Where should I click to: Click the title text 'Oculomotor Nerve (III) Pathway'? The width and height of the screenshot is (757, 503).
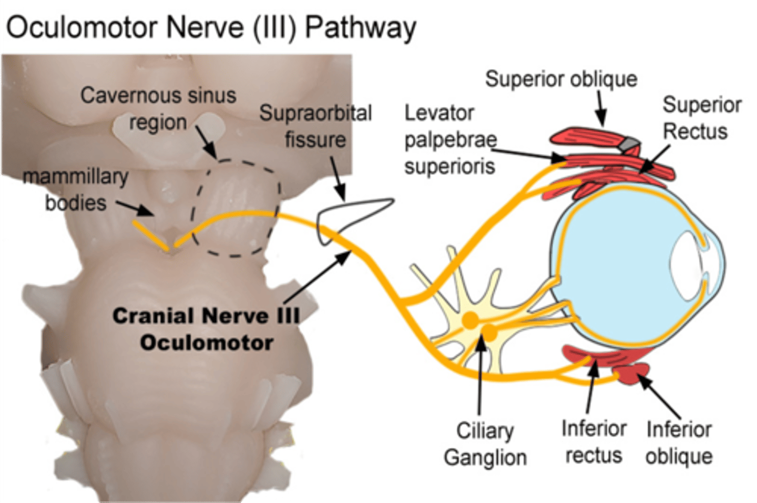coord(211,27)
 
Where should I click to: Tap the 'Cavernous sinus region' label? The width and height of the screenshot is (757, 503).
coord(158,108)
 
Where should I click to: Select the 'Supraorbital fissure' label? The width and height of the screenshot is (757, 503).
coord(315,126)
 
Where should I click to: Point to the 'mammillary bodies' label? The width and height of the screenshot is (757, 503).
coord(76,189)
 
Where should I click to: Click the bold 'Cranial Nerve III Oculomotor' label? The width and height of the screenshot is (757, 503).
coord(206,329)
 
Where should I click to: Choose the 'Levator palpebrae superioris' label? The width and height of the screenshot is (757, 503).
coord(450,139)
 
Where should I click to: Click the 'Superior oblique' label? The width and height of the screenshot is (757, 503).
coord(561,79)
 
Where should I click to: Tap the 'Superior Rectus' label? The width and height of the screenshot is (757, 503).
coord(701,118)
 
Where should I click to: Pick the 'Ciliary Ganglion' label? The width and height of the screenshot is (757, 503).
coord(485,444)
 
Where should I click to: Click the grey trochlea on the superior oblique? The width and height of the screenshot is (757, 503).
coord(630,142)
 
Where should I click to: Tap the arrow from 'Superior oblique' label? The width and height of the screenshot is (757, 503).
coord(601,108)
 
